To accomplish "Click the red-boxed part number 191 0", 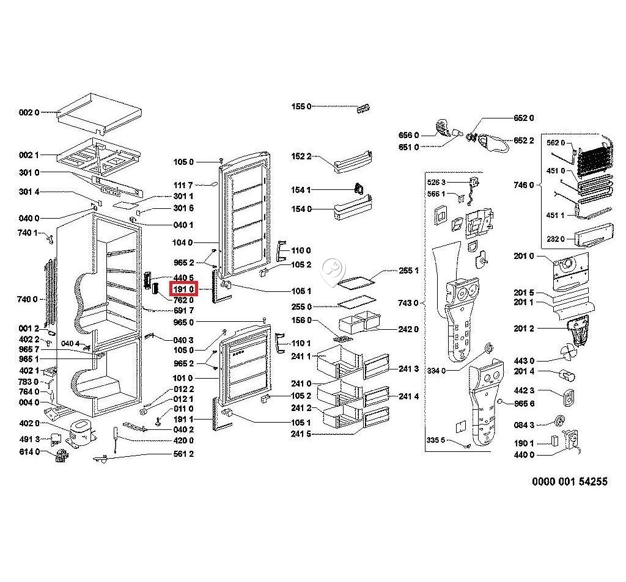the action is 183,289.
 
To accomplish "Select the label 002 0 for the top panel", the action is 29,112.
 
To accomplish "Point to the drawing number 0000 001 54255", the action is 570,481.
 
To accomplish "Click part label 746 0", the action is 523,185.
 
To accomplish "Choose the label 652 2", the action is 523,140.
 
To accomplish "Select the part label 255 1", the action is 408,271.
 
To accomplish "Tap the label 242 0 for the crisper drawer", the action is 408,329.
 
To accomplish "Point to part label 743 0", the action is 408,303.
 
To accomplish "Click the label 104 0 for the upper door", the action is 183,242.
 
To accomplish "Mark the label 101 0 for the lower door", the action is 183,378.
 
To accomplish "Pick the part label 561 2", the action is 183,454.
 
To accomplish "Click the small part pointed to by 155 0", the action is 364,108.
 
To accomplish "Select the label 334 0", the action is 436,371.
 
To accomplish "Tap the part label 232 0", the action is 555,239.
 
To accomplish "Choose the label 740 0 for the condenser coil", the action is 27,299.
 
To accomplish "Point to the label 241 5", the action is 301,434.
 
